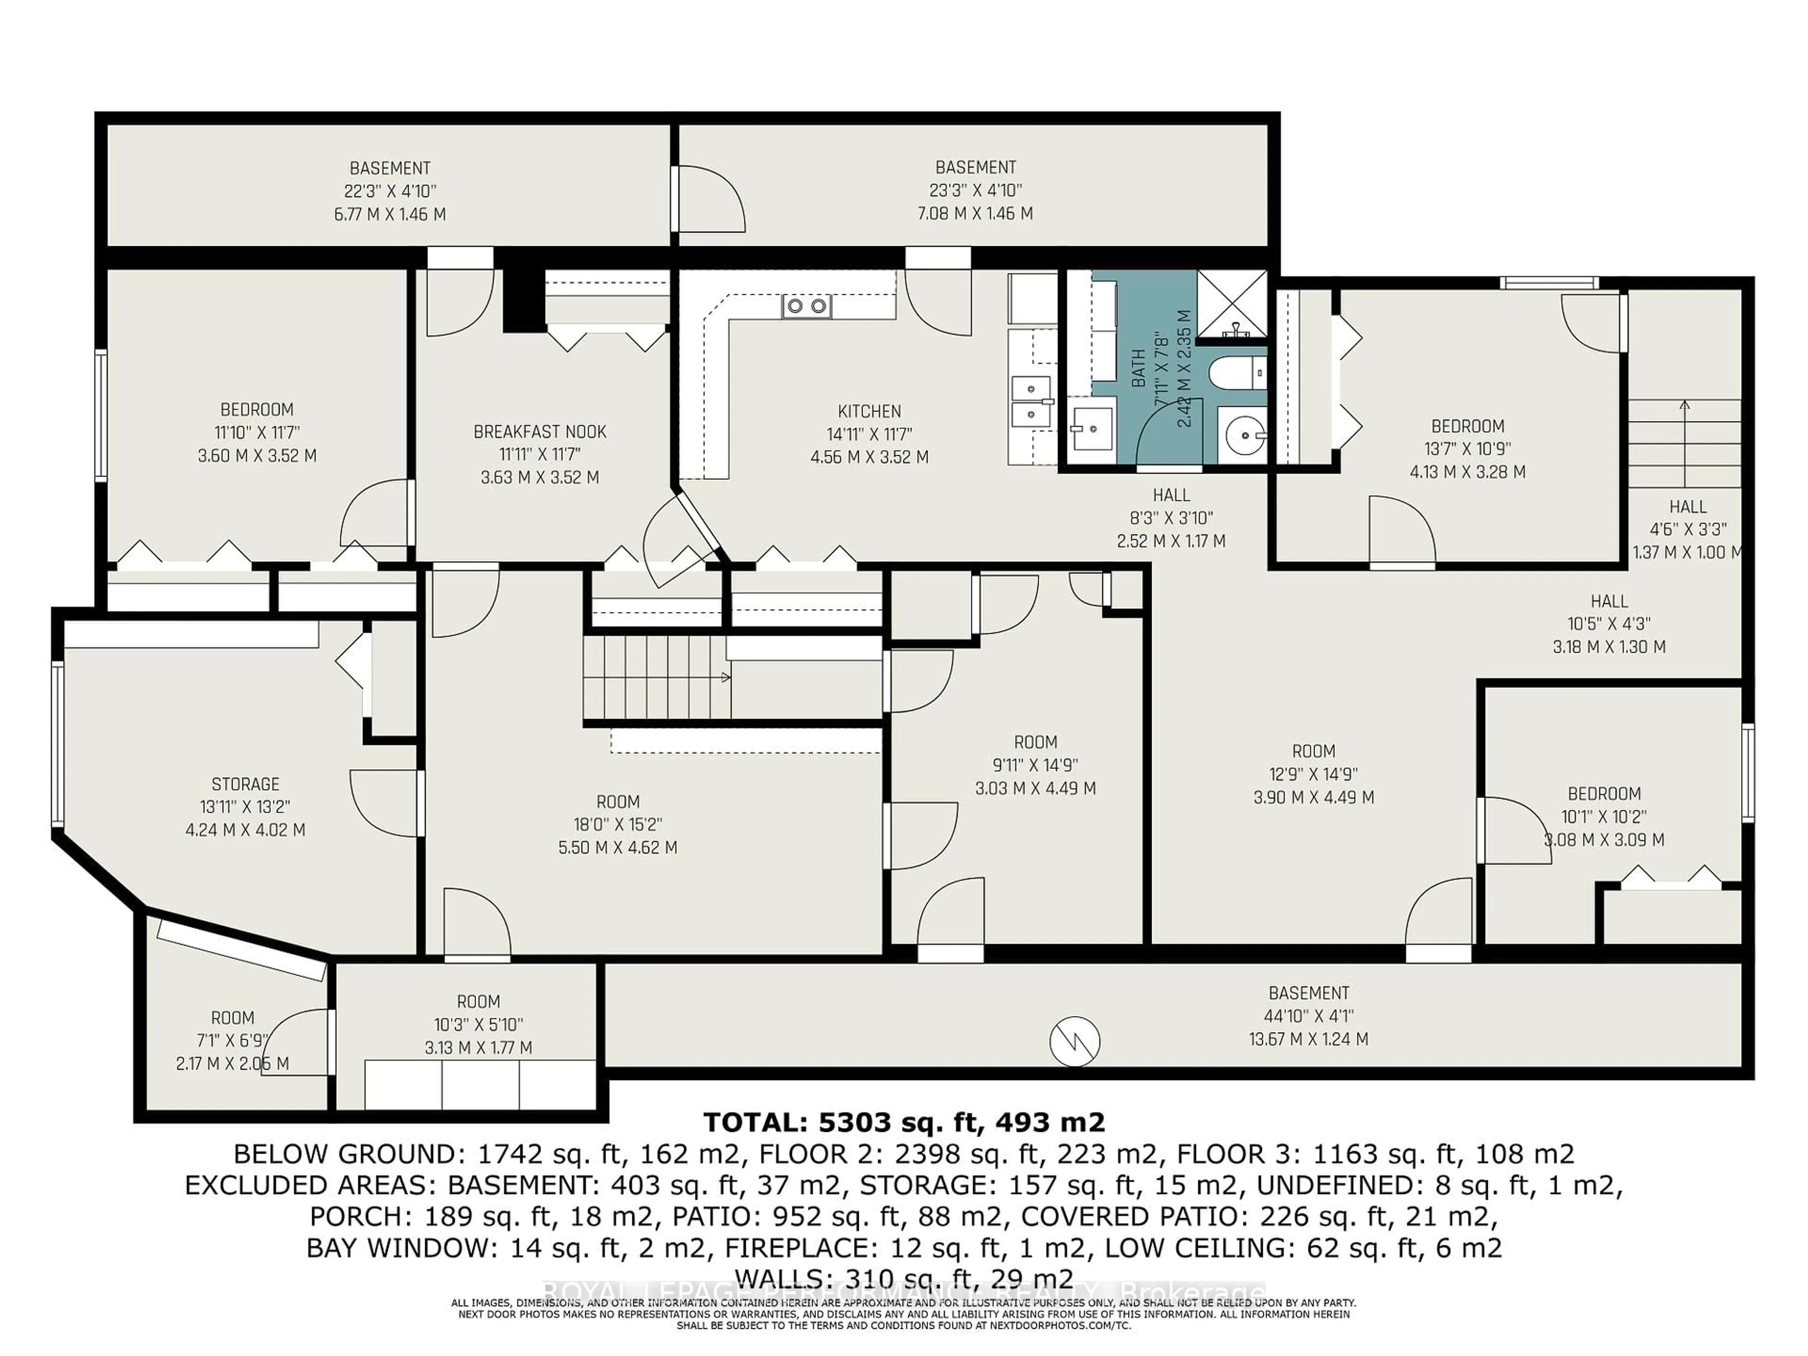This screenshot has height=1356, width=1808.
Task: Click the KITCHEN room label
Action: point(869,411)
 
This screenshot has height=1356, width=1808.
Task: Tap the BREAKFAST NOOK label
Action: point(540,432)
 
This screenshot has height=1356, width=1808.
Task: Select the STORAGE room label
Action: point(245,784)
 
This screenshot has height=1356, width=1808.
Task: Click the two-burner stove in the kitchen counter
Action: point(806,307)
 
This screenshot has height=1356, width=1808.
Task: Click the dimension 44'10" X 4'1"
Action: point(1308,1016)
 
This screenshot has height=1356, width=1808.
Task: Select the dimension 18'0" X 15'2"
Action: point(617,825)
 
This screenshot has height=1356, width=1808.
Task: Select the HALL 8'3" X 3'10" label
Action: point(1170,495)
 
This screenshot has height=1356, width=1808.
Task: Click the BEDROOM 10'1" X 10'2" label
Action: point(1604,794)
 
